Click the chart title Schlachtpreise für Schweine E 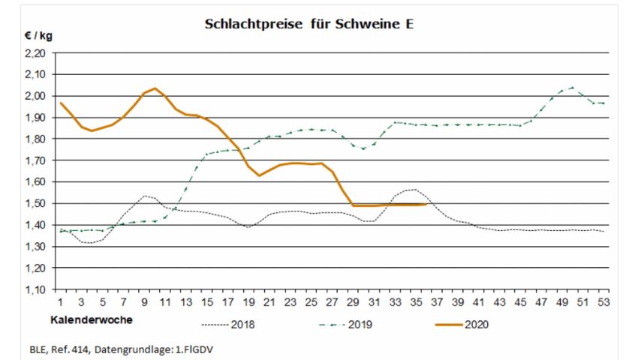click(x=309, y=24)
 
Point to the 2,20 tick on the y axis click(x=35, y=53)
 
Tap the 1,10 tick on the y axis click(x=35, y=289)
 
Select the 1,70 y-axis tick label click(x=35, y=160)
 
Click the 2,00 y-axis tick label click(x=35, y=96)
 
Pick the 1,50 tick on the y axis click(x=35, y=203)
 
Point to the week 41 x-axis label click(x=479, y=301)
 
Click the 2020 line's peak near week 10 click(x=154, y=88)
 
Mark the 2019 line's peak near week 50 click(x=572, y=87)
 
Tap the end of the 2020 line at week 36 click(x=426, y=204)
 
